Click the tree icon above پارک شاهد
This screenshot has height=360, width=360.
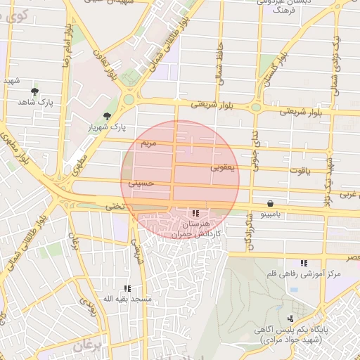coord(34,91)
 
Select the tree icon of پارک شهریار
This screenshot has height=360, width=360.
coord(107,115)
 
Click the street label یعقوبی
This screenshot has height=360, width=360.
coord(224,167)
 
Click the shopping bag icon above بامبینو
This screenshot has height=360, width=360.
coord(271,202)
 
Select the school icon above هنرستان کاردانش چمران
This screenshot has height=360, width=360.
coord(195,212)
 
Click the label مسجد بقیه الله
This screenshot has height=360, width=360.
coord(127,299)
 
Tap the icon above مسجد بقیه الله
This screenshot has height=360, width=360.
coord(127,288)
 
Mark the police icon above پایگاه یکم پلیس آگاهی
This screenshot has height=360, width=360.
coord(290,319)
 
